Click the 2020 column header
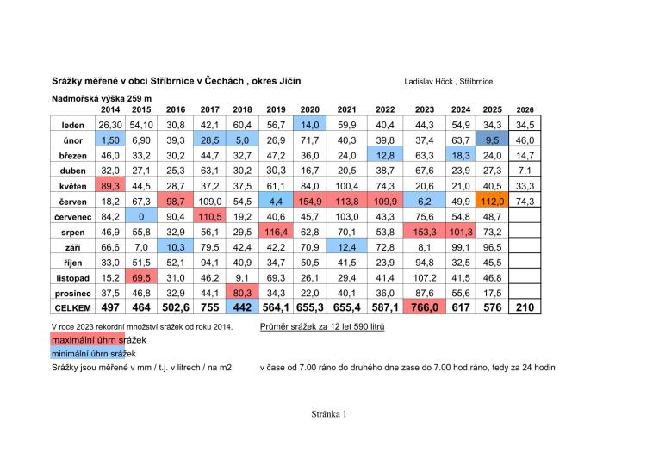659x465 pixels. [x=310, y=109]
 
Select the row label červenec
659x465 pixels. [x=72, y=217]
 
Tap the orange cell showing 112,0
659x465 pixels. [x=492, y=201]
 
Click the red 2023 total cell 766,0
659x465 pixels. [x=425, y=307]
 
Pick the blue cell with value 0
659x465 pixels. [x=141, y=217]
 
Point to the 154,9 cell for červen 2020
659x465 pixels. [x=310, y=201]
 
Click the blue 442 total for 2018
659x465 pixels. [x=243, y=307]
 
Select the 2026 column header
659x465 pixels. [x=525, y=109]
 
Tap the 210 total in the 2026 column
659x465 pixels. [x=525, y=307]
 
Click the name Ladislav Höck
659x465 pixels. [x=428, y=82]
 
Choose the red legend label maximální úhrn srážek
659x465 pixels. [x=99, y=339]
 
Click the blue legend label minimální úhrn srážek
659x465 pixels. [x=94, y=354]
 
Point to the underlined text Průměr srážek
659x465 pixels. [x=289, y=326]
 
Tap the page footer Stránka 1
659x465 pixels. [x=329, y=413]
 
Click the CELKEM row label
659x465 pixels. [x=72, y=308]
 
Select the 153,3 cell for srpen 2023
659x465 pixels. [x=425, y=232]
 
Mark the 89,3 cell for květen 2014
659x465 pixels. [x=110, y=186]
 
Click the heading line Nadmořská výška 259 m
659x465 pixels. [x=102, y=99]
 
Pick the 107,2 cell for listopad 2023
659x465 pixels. [x=425, y=277]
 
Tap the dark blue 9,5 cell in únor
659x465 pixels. [x=492, y=139]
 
